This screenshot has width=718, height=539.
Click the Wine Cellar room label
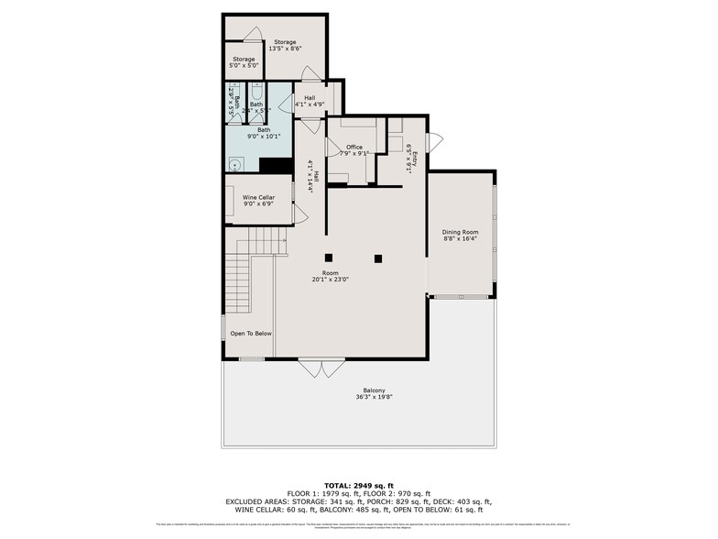click(x=258, y=197)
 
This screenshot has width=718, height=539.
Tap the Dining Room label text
click(x=461, y=232)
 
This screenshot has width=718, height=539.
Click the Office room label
click(x=354, y=147)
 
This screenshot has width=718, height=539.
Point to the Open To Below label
click(x=250, y=334)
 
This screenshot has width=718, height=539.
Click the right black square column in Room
click(x=377, y=258)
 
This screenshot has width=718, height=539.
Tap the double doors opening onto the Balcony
click(x=323, y=367)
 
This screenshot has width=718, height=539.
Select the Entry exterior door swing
click(x=434, y=143)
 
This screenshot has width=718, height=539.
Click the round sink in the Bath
click(x=234, y=166)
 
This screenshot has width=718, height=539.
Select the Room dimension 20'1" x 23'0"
click(x=331, y=280)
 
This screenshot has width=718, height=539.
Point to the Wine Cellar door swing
click(x=299, y=214)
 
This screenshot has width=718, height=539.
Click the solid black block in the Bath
click(x=276, y=165)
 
